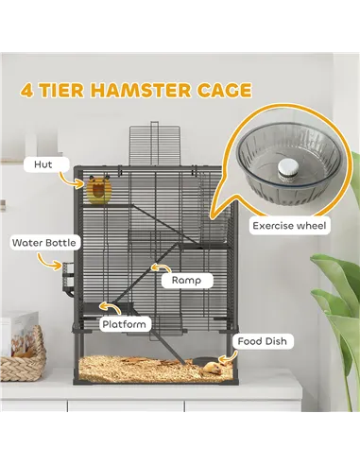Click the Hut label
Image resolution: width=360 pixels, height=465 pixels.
[x=43, y=164]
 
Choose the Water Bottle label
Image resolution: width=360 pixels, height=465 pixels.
[x=44, y=242]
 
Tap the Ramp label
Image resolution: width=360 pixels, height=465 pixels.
[x=185, y=281]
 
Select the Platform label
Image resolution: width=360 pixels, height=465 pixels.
[x=125, y=324]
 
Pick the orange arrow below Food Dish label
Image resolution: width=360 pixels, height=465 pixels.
[x=226, y=357]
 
